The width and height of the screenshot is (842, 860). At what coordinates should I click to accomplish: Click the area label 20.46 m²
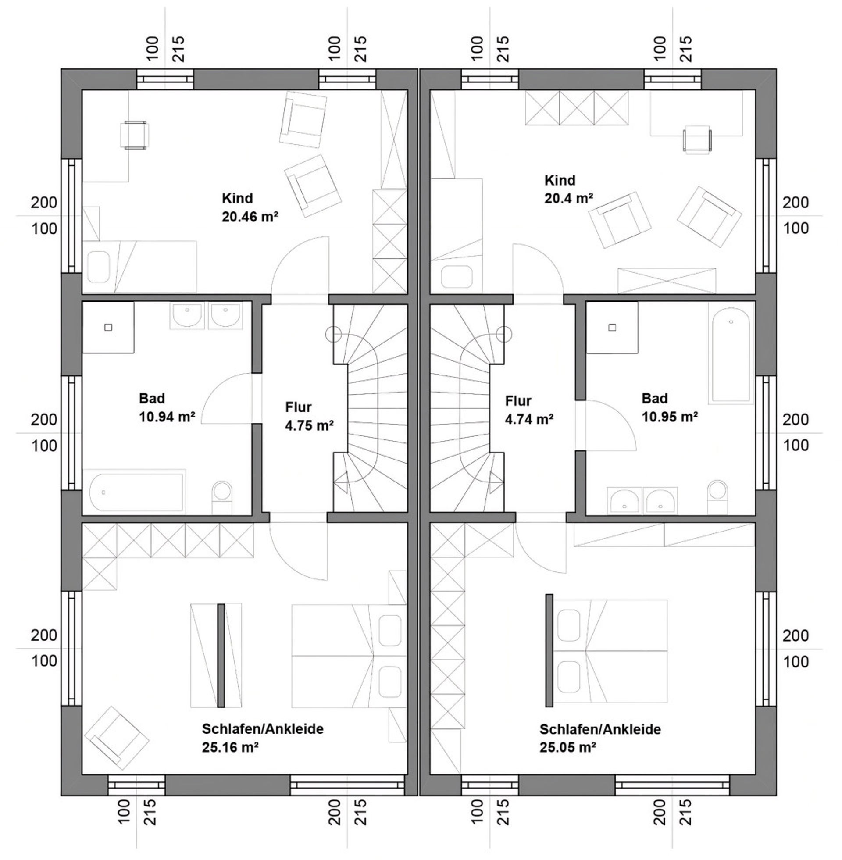[250, 217]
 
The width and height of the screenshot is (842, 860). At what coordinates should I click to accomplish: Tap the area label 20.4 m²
[568, 199]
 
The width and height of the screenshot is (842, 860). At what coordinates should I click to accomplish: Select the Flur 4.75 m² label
[309, 417]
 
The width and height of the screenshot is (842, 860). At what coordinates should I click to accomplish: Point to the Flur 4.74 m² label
[529, 410]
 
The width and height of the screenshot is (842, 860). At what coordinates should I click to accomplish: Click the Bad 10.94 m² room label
[167, 408]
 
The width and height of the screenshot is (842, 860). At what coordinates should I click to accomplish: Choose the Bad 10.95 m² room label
[670, 408]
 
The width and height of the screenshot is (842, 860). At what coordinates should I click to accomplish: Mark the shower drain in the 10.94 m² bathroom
[108, 327]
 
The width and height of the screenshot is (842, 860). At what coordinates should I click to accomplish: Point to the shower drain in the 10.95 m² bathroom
[612, 327]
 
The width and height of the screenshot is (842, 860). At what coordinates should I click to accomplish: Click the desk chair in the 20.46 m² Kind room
[135, 136]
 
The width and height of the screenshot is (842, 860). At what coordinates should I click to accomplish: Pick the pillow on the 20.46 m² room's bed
[99, 267]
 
